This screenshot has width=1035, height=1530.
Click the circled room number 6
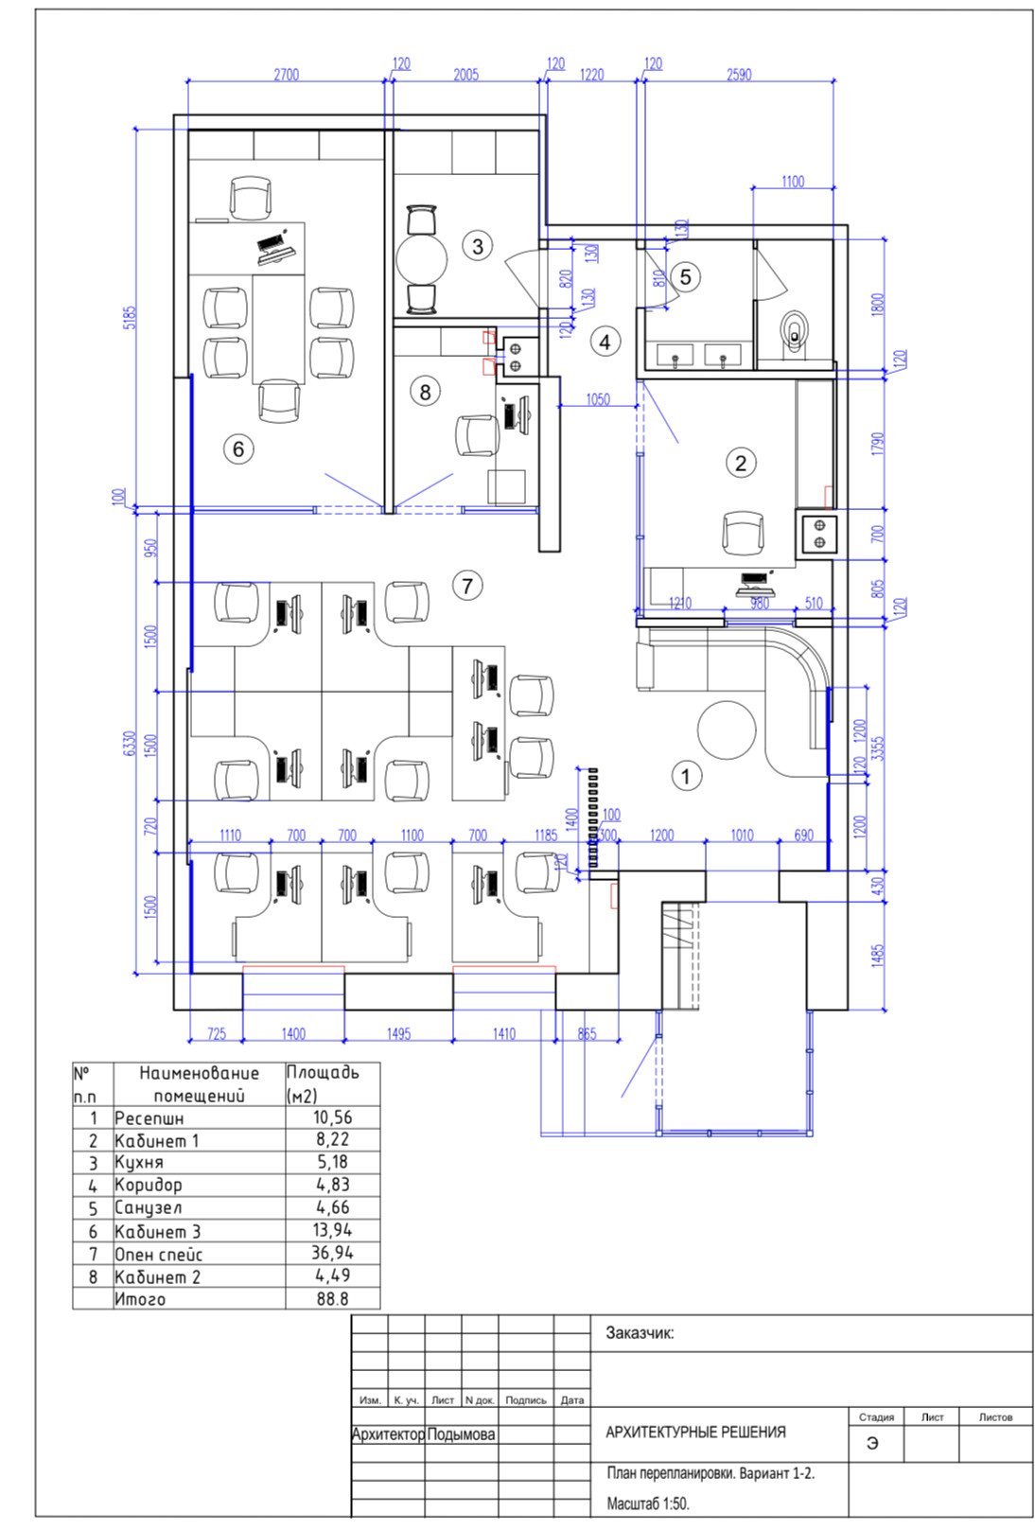pos(238,448)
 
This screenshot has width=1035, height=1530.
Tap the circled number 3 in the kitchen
pos(478,246)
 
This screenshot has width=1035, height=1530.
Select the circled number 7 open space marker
pos(467,586)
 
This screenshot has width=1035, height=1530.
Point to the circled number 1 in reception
pos(686,776)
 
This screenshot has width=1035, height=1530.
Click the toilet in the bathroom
pos(797,331)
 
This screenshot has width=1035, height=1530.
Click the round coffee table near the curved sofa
pos(727,730)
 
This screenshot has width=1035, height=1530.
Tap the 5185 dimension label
pos(130,317)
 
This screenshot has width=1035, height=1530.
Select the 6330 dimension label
pos(130,744)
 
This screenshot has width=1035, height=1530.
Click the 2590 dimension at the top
pos(739,75)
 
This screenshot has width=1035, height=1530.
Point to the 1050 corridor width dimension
pos(598,399)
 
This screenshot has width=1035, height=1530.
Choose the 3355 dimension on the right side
pos(878,747)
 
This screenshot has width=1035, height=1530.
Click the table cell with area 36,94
pos(332,1253)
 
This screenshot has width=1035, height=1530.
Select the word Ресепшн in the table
pos(149,1117)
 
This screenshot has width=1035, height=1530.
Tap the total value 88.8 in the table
pos(332,1299)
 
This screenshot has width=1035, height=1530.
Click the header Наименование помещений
pos(199,1083)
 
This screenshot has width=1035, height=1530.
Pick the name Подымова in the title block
pos(461,1434)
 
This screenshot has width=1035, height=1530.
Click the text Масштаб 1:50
pos(648,1503)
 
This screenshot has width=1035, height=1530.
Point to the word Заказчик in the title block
pos(640,1333)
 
